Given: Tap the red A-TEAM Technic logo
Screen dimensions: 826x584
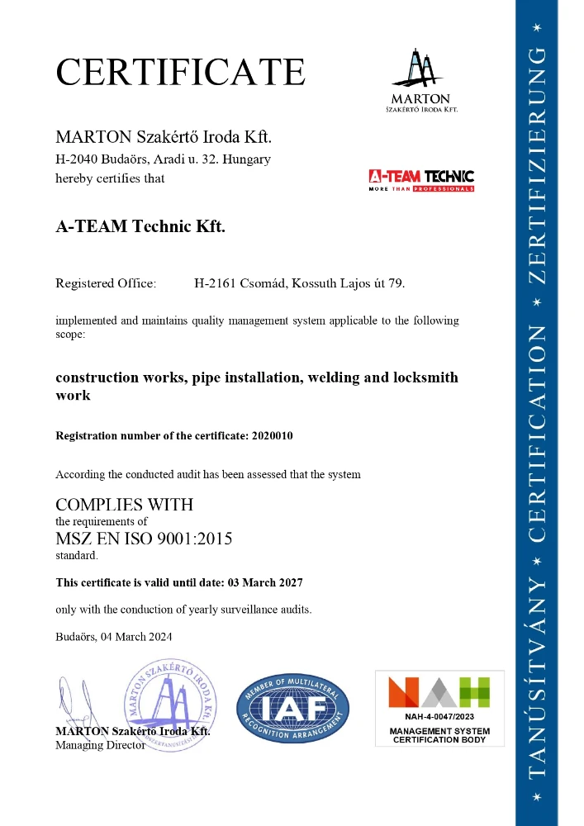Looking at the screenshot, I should point(421,179).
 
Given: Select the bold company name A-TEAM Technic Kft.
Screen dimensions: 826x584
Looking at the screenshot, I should point(140,226).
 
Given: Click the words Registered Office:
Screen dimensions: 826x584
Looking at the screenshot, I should point(105,283).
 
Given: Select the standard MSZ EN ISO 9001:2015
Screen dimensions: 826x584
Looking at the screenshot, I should point(144,539).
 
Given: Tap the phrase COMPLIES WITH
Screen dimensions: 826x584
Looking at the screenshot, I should point(124,504).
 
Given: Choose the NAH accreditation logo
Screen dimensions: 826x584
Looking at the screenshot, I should point(439,691).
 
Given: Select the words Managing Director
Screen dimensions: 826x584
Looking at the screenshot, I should point(100,744).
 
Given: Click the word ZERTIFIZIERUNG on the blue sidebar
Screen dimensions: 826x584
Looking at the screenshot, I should point(537,165).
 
